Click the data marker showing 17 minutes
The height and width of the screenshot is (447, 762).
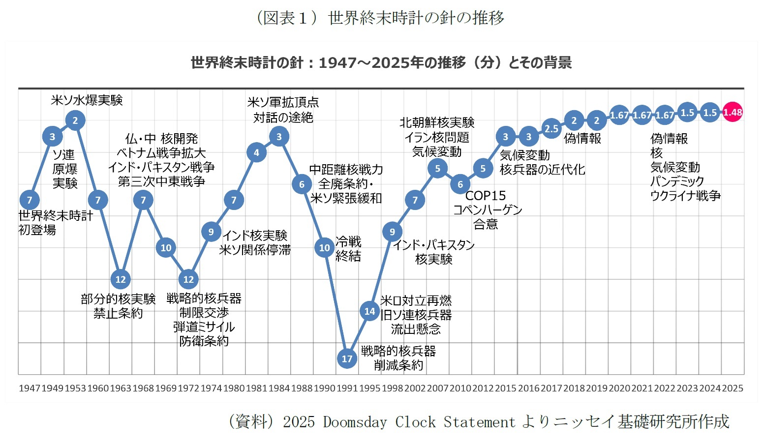(347, 358)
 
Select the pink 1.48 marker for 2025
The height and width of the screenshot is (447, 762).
(732, 113)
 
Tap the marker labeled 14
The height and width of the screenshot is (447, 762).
(369, 311)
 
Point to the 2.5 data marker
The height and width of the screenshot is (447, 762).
(551, 128)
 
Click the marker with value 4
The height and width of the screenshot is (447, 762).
(256, 152)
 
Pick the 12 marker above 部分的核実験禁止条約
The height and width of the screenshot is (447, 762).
(121, 279)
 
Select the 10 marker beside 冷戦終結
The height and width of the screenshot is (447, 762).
(324, 248)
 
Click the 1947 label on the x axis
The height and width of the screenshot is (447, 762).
(29, 388)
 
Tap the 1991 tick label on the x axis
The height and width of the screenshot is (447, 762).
(347, 388)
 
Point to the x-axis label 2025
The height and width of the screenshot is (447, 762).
(732, 388)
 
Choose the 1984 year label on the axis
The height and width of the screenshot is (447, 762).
(279, 388)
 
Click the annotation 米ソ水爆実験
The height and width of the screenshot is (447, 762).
(87, 100)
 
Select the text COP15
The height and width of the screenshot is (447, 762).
(485, 196)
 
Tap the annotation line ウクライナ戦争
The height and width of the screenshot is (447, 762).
(685, 196)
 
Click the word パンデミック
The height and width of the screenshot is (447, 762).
(677, 181)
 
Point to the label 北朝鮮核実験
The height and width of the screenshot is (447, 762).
(437, 122)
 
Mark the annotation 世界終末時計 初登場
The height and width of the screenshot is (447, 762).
(55, 223)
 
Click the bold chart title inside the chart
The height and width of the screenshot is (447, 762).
(381, 63)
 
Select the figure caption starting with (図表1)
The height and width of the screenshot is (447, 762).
(380, 18)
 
